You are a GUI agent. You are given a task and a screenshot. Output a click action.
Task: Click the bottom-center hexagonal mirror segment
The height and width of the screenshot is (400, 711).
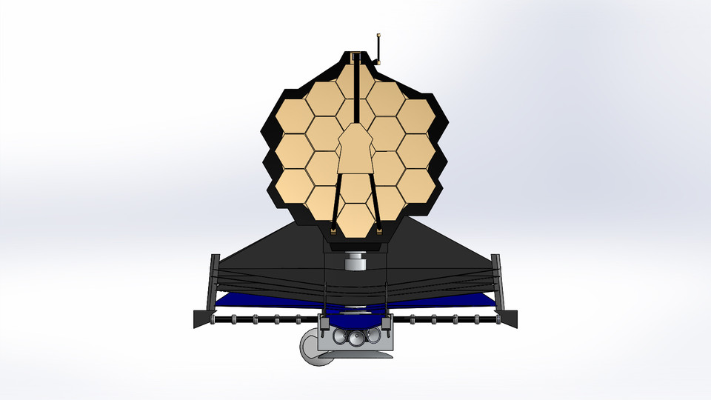(x=356, y=220)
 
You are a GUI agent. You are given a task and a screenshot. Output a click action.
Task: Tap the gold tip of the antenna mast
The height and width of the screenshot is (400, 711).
(x=378, y=34)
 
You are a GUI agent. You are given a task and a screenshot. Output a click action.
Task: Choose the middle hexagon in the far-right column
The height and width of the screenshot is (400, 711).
(x=418, y=151)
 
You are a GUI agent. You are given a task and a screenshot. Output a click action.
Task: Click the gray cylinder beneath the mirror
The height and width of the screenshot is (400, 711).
(x=356, y=262)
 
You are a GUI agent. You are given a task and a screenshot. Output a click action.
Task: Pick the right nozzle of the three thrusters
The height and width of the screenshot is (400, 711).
(x=371, y=337)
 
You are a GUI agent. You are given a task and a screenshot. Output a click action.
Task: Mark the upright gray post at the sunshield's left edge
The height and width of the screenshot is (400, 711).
(x=215, y=281)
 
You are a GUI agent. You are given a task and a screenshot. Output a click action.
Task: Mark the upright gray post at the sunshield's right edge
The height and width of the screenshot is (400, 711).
(x=496, y=281)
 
